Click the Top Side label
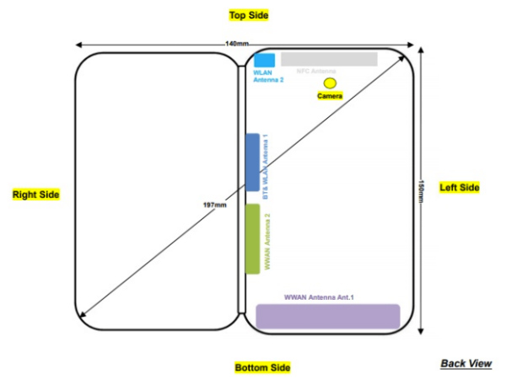(x=248, y=15)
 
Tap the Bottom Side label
(x=262, y=367)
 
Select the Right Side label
(x=36, y=195)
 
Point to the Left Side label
(x=460, y=187)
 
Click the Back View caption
(x=466, y=364)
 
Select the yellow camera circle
(x=330, y=83)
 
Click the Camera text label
(x=330, y=97)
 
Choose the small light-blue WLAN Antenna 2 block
(x=265, y=60)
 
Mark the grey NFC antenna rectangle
(x=329, y=59)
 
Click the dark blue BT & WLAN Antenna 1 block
(x=251, y=163)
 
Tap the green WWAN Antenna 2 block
(x=251, y=238)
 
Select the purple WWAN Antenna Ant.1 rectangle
(x=327, y=316)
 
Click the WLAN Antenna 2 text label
(x=268, y=76)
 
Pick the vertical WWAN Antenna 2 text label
(x=267, y=238)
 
